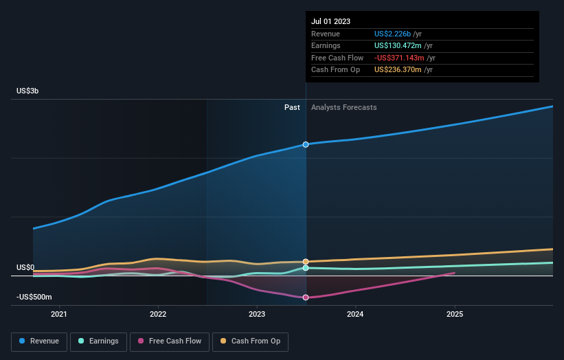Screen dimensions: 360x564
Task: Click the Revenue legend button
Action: (39, 341)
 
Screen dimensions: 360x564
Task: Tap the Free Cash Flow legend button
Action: (170, 341)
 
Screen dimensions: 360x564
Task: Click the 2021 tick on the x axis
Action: (59, 315)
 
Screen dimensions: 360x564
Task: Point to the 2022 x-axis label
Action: (158, 315)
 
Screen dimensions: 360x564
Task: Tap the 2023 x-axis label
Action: (257, 315)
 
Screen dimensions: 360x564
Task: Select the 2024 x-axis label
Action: (356, 315)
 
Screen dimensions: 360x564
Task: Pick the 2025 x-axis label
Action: (455, 315)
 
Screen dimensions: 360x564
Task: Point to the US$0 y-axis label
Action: (25, 267)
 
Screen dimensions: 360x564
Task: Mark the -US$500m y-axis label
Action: (34, 297)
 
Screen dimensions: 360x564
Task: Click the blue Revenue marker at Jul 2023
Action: (306, 144)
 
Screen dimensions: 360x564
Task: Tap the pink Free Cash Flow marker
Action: (306, 297)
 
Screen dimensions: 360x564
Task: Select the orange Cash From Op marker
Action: (306, 262)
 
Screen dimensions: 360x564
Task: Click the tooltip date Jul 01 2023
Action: (330, 21)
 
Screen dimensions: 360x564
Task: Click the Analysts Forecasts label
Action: (343, 107)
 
